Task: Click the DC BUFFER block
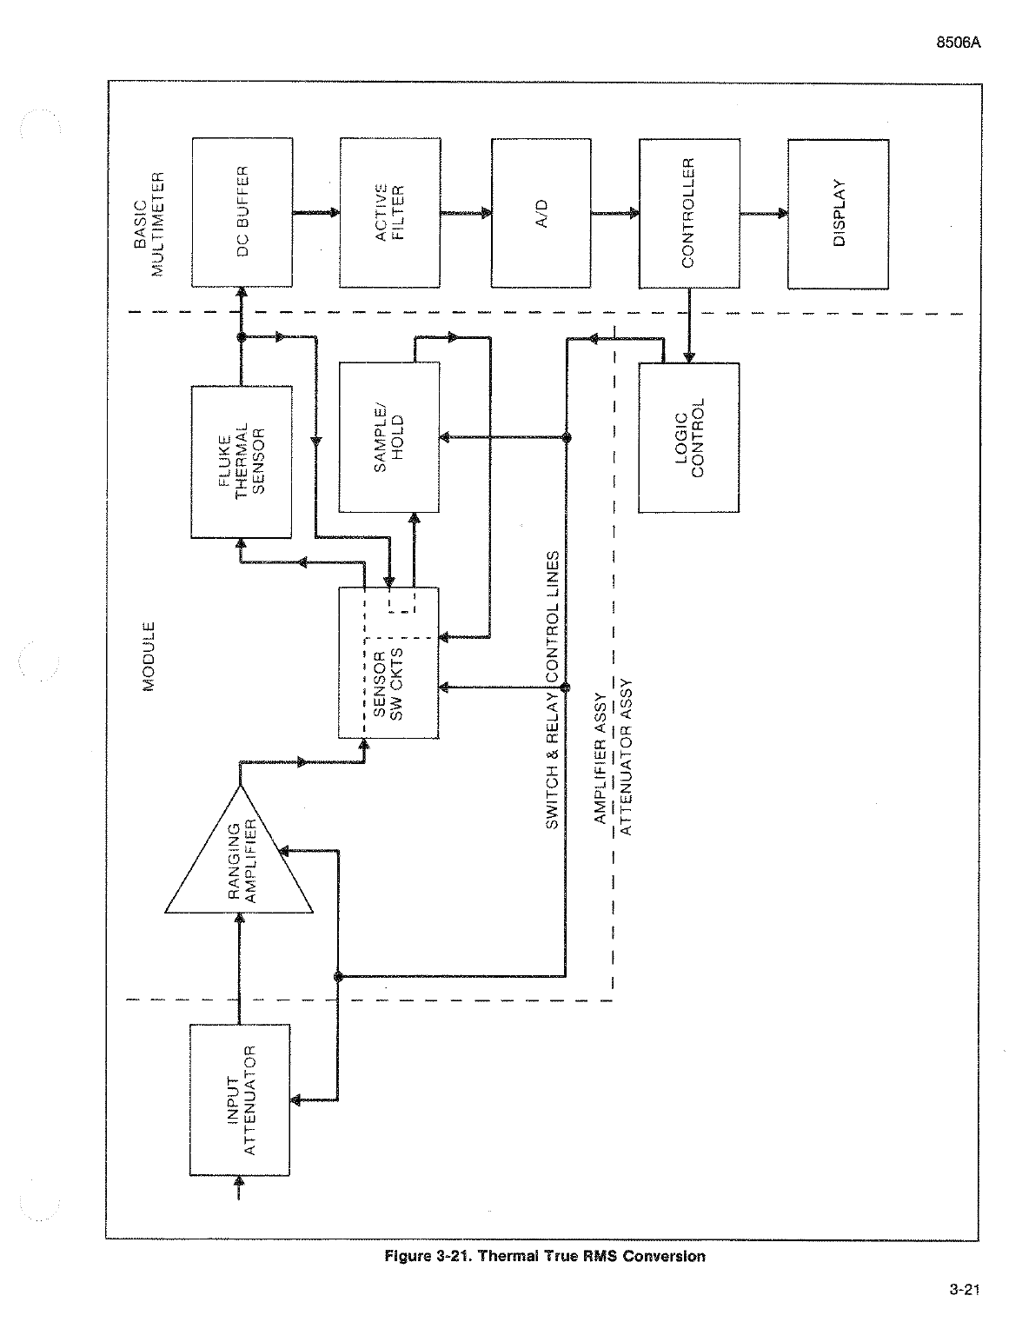tap(242, 212)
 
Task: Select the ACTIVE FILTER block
tap(390, 212)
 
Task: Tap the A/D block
tap(541, 212)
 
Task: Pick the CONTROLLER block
tap(689, 212)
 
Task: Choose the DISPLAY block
tap(838, 212)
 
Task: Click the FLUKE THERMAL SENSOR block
tap(242, 462)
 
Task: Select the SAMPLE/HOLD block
tap(389, 437)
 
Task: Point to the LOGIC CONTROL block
tap(688, 437)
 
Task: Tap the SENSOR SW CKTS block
tap(389, 662)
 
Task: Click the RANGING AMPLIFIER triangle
tap(239, 860)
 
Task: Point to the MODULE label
tap(149, 656)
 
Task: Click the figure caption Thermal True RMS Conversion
tap(545, 1256)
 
